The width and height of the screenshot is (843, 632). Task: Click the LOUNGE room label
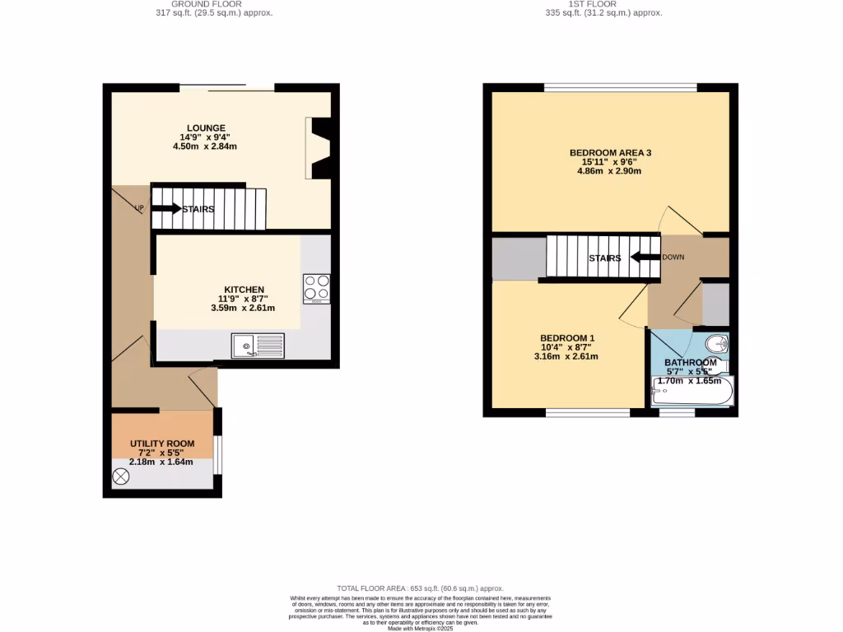point(206,128)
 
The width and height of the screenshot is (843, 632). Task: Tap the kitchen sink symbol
point(258,346)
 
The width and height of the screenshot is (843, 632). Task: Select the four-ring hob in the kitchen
point(317,288)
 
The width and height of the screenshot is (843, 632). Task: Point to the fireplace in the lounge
point(319,148)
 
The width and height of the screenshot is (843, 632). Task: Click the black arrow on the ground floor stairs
point(165,209)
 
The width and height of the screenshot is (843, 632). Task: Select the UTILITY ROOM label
point(162,444)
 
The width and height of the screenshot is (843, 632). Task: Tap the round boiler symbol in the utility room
point(122,476)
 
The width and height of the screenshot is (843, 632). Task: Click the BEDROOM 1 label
point(567,338)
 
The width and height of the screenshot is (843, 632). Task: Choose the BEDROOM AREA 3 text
point(610,152)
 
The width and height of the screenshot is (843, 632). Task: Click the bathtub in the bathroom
point(691,393)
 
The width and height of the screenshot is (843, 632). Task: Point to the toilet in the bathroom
point(717,343)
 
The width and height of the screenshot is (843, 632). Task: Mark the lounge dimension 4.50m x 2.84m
point(205,146)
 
